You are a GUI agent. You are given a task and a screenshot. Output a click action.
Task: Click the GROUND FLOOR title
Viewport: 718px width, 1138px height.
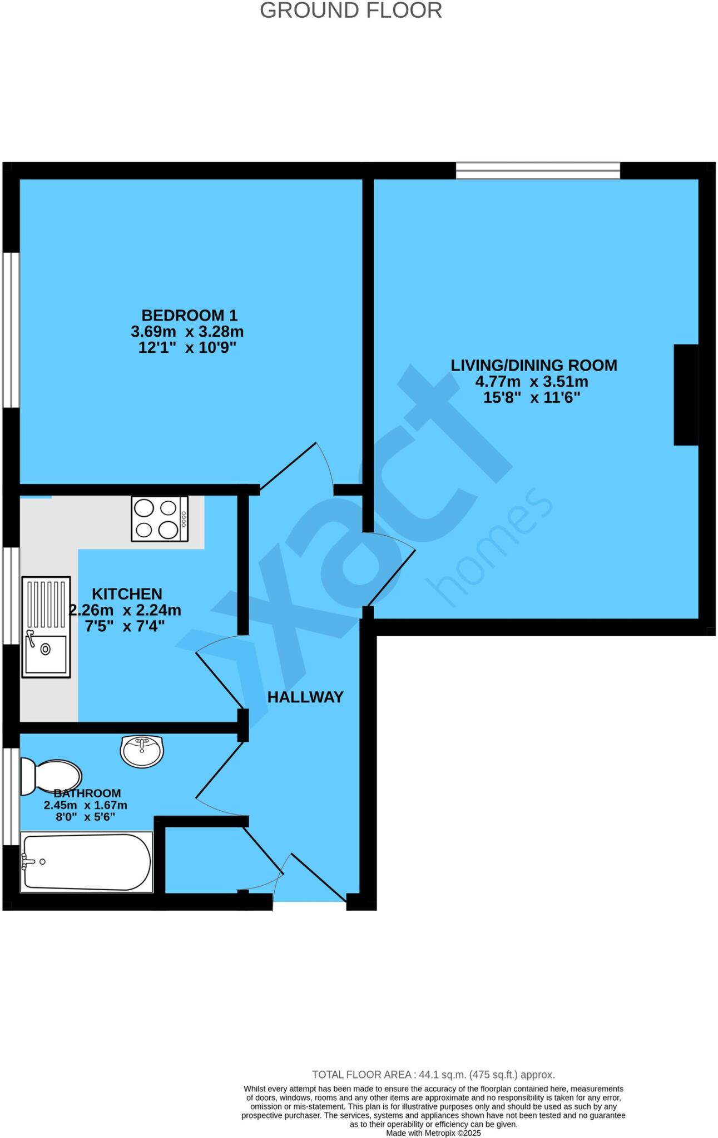point(351,11)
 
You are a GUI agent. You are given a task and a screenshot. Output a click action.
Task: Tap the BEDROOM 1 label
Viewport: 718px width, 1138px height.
point(190,315)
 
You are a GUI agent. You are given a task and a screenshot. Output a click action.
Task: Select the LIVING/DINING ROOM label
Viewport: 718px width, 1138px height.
point(533,365)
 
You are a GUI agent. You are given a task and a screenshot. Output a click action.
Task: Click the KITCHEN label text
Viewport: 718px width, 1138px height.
point(127,593)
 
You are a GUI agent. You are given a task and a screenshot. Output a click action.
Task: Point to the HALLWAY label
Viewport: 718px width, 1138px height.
point(305,697)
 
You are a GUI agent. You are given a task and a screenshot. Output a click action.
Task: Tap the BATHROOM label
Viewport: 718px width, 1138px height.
point(87,793)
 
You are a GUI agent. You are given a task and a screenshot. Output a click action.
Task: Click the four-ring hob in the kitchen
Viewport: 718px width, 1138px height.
point(160,519)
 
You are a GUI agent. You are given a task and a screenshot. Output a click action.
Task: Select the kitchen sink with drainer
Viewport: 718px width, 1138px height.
point(46,627)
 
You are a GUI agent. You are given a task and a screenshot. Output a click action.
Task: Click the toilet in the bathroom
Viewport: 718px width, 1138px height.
point(50,777)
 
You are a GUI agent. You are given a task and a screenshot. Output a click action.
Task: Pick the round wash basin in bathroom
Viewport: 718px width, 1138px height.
point(142,752)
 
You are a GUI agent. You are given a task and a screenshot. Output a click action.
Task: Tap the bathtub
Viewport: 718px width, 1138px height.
point(86,862)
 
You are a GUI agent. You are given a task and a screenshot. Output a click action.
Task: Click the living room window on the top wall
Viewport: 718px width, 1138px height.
point(538,170)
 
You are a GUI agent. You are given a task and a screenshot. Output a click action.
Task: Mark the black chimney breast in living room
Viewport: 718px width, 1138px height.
point(686,395)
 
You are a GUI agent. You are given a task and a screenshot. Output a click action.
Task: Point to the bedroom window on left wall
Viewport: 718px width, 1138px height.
point(11,331)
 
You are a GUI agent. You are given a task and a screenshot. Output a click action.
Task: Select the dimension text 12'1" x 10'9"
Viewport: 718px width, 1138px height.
point(187,348)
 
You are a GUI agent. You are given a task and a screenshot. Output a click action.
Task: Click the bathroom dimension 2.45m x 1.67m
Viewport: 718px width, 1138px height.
point(86,805)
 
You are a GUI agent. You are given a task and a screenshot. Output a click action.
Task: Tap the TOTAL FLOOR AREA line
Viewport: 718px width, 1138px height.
point(433,1075)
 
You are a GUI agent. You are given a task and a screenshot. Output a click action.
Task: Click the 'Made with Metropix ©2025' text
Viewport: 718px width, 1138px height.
point(433,1133)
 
